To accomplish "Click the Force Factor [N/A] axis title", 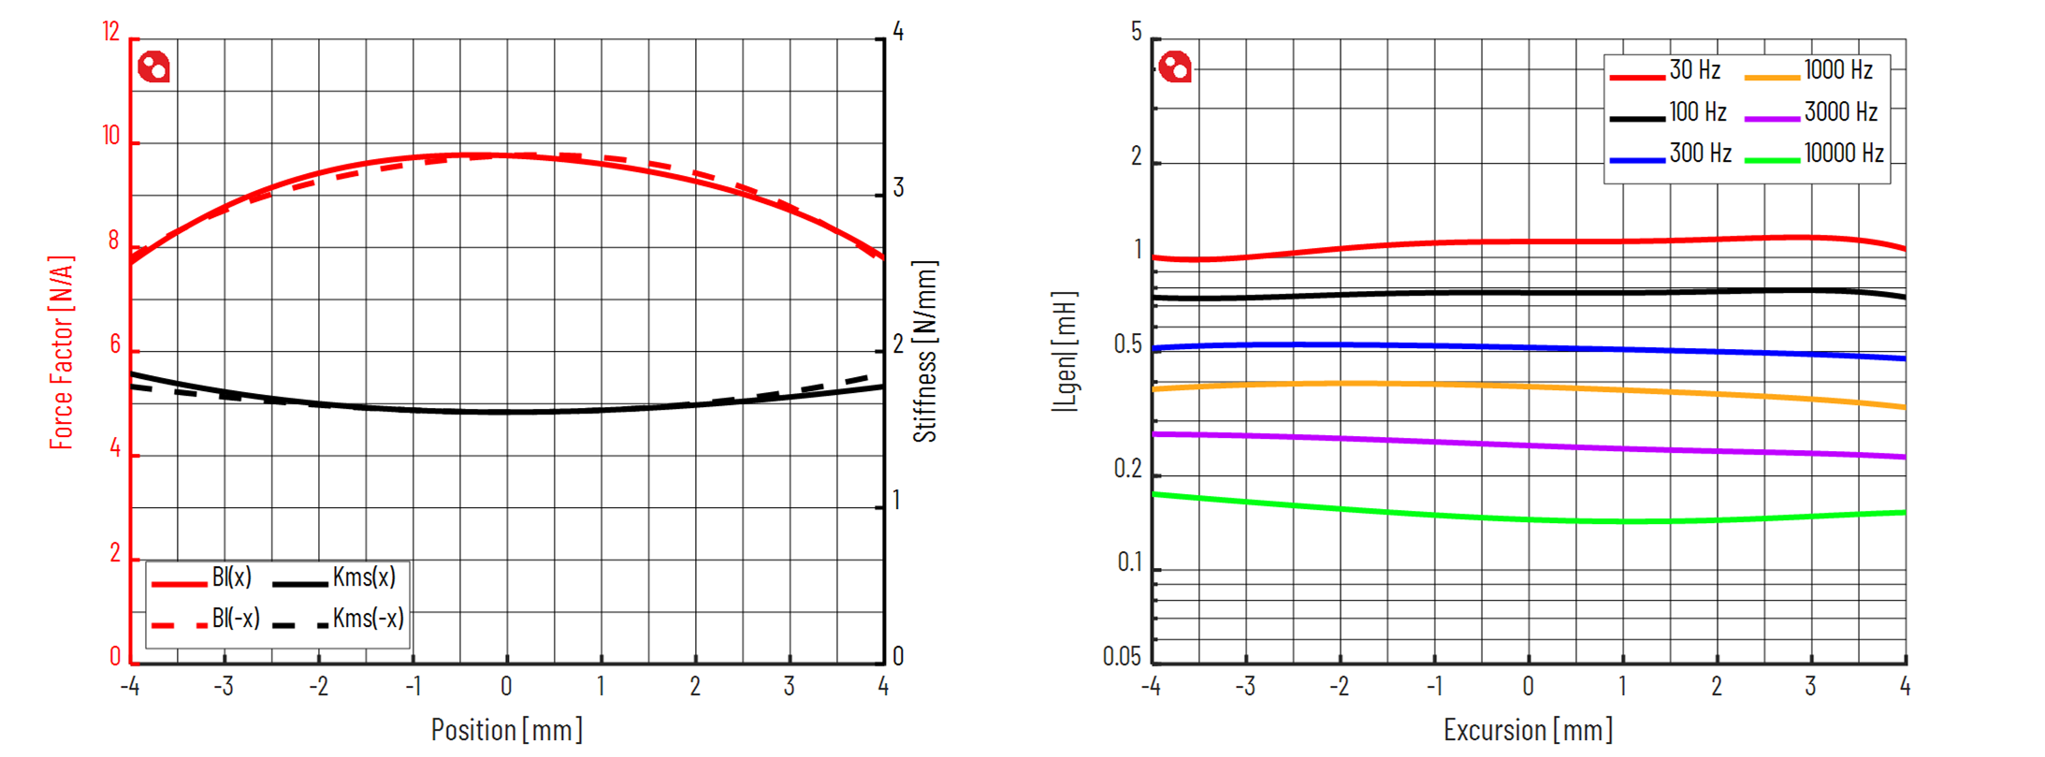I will click(x=62, y=353).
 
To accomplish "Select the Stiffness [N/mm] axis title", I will click(x=924, y=353).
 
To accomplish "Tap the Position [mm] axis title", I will click(x=506, y=730).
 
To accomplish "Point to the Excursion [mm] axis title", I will click(x=1528, y=730).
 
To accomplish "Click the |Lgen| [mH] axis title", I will click(x=1065, y=353).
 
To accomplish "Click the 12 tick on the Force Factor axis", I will click(x=111, y=33).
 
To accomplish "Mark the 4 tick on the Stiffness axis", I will click(x=898, y=33).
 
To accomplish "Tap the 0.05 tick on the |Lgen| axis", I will click(x=1122, y=657).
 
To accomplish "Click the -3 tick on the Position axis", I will click(x=224, y=687).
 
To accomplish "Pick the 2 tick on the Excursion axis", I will click(x=1717, y=687).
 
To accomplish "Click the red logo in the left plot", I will click(x=153, y=67).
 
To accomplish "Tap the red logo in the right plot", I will click(x=1175, y=67).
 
